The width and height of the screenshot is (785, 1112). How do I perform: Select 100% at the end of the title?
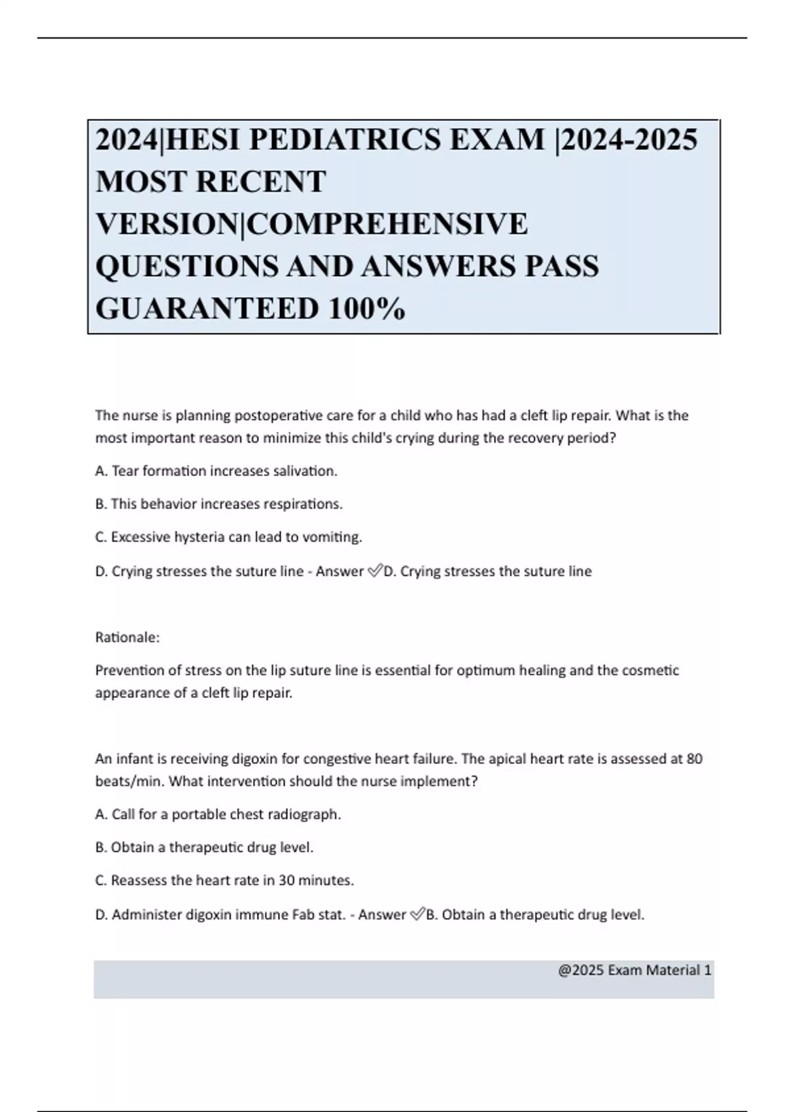(366, 309)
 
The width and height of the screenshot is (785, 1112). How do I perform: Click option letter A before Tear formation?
(101, 471)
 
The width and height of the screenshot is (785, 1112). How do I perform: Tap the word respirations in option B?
(302, 504)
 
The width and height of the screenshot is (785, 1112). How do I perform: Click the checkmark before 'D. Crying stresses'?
(375, 571)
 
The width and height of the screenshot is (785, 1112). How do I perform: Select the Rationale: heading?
(128, 637)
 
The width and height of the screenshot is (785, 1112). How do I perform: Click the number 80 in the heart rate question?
(695, 759)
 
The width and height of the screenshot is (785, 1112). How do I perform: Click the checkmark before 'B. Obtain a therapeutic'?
(417, 914)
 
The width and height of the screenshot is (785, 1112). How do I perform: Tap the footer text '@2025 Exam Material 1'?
(635, 970)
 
